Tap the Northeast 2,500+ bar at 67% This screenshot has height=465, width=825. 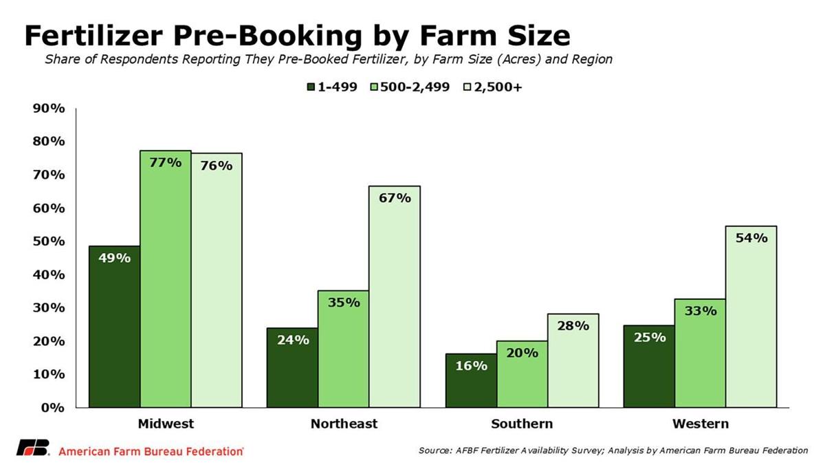[394, 296]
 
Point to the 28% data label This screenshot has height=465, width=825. [572, 325]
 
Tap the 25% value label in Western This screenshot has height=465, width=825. [648, 337]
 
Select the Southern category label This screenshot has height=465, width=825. [521, 424]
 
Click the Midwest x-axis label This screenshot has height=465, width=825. [166, 424]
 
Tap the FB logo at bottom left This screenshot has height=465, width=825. [32, 447]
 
